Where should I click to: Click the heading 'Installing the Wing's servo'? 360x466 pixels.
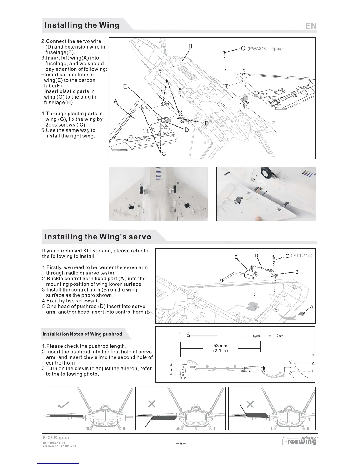98,237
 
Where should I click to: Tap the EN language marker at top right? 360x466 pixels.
311,26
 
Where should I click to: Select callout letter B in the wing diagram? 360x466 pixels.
190,46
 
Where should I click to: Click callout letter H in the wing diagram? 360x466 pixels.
167,76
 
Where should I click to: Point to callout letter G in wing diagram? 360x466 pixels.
164,154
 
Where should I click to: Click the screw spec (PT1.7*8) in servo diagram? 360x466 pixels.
301,256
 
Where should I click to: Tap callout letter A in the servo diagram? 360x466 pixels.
311,307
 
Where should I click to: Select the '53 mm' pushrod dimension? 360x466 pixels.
220,346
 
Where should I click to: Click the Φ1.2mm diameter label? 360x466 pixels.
276,336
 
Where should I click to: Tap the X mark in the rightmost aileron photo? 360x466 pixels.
250,404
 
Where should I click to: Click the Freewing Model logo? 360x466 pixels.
300,441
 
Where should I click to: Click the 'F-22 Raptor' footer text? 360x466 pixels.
56,438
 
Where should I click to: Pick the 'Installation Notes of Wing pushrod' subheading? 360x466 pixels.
82,334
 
